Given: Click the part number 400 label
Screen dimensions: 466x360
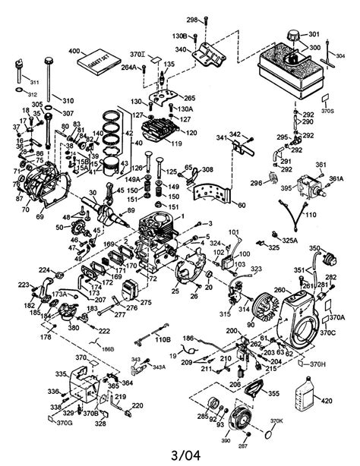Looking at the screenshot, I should click(74, 50).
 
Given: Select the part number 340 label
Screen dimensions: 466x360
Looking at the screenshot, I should click(180, 49).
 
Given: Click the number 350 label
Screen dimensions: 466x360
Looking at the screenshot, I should click(314, 248).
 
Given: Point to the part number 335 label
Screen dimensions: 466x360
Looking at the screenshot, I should click(61, 373).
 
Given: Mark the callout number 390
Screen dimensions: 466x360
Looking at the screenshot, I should click(225, 439).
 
